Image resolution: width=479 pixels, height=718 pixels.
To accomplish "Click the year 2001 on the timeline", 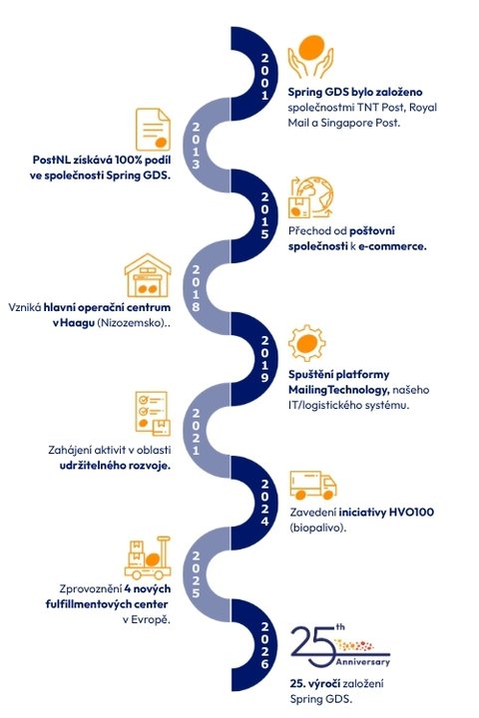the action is (264, 77).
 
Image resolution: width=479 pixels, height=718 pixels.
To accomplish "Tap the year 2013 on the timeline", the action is (196, 146).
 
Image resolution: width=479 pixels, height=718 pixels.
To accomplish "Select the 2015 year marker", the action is (264, 215).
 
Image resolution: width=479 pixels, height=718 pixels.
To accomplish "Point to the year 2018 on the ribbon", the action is (196, 288).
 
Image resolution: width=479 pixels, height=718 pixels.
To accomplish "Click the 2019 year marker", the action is (264, 359).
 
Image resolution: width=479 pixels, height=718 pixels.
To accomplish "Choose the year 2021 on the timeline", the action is (196, 432).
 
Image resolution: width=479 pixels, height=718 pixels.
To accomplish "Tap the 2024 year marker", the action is (264, 503).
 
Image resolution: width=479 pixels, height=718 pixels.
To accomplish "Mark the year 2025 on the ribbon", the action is (196, 574).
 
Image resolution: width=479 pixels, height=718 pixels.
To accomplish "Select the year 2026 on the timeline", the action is (264, 645).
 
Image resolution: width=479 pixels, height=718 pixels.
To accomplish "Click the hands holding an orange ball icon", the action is (310, 57).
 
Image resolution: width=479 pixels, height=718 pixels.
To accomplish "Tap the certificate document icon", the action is (153, 129).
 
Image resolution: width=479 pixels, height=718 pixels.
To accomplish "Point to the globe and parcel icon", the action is (310, 197).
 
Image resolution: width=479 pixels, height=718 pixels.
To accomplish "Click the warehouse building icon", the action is (148, 275).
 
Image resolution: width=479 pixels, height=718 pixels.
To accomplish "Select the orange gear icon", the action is (307, 342).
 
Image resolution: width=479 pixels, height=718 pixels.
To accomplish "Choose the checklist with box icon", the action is (153, 413).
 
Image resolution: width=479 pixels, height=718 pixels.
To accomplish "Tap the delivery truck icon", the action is (313, 486).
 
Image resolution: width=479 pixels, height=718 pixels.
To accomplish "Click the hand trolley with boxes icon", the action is (148, 557).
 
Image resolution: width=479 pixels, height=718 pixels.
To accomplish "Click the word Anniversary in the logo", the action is (362, 662).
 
